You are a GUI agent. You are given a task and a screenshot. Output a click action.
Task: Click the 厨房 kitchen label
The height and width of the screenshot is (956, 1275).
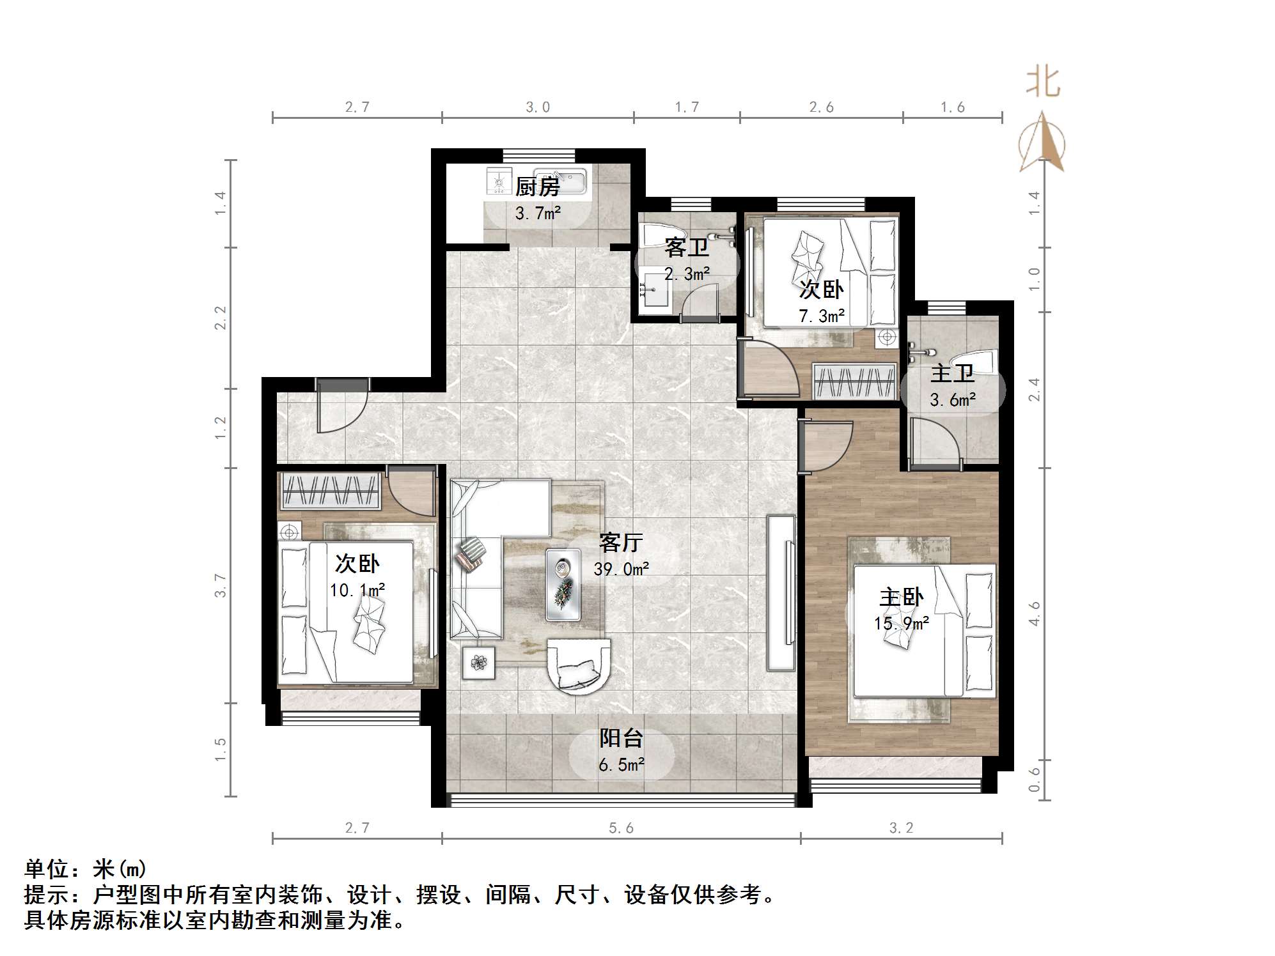(x=537, y=187)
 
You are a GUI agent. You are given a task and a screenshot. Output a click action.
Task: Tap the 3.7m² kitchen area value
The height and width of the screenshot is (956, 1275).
(x=538, y=213)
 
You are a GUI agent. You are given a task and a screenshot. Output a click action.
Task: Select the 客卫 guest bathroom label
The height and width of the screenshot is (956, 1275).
(x=687, y=247)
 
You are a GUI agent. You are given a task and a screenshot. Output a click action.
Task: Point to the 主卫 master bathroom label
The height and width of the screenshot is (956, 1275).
(x=952, y=373)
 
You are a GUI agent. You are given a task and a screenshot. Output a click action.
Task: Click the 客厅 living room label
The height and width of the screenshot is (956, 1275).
(x=621, y=543)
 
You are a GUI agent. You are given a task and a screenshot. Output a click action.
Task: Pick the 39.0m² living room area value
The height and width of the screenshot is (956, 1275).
(x=621, y=569)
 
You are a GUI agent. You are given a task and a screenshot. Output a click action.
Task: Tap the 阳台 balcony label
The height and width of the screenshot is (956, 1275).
(x=621, y=738)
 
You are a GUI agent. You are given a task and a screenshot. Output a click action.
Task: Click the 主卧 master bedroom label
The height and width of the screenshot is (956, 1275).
(x=901, y=597)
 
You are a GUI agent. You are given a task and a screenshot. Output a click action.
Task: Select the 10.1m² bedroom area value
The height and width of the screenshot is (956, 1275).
(x=357, y=590)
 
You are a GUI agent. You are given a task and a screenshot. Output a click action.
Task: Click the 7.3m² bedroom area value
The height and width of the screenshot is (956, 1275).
(x=822, y=316)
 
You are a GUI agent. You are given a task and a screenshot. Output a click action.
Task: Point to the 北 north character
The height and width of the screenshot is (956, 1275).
(x=1043, y=82)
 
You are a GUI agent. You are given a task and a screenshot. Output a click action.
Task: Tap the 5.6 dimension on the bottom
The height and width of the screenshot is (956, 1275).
(x=621, y=828)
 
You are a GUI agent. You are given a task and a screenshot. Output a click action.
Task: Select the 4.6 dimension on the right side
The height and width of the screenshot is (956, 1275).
(x=1034, y=613)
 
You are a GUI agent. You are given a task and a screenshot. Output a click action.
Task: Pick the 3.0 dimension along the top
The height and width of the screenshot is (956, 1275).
(x=538, y=107)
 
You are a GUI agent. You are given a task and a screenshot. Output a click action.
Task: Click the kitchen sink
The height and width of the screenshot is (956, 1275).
(x=560, y=180)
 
